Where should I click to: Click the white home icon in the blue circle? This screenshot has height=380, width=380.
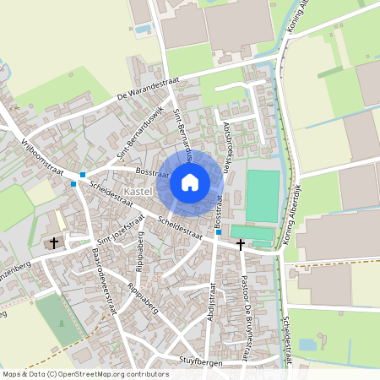coord(190,182)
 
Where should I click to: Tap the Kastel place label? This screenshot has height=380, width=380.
coord(136,193)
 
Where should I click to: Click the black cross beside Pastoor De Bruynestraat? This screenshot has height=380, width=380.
coord(241,244)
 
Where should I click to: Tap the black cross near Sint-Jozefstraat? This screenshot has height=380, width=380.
coord(55,242)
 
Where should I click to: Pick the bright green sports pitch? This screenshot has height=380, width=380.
coord(262,196)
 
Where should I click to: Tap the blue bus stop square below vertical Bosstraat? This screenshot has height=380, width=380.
coord(218,232)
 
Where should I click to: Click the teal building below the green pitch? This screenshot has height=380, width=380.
coord(252,231)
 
